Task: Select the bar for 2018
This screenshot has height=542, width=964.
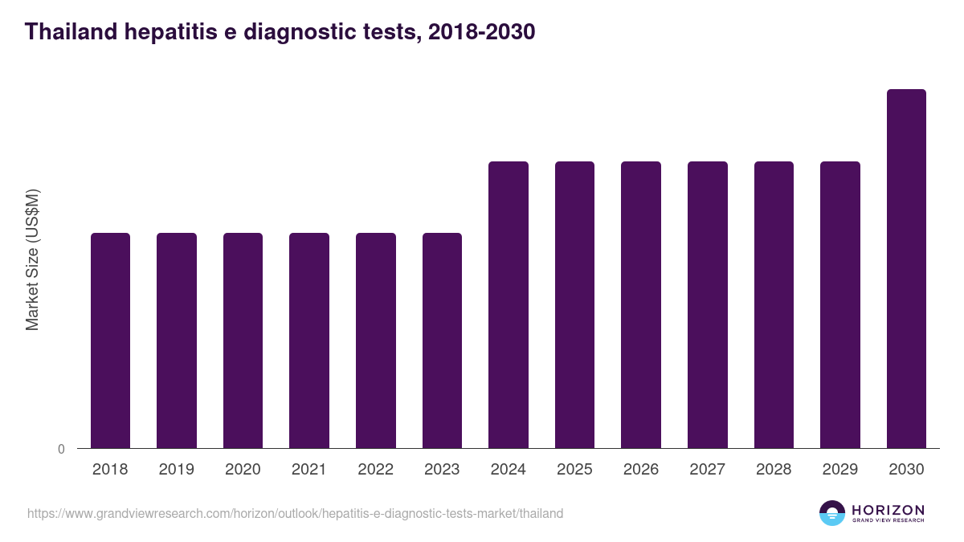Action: click(110, 340)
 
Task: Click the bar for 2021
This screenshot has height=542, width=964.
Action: click(309, 340)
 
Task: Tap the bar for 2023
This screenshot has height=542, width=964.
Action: click(442, 340)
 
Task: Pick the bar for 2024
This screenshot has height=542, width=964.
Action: click(509, 305)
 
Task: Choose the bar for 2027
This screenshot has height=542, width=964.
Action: click(708, 305)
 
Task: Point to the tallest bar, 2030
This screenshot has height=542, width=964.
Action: click(906, 269)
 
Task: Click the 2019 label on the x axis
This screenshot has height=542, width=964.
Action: click(177, 470)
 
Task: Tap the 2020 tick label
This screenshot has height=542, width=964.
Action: click(243, 470)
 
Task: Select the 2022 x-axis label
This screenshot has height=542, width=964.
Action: click(376, 470)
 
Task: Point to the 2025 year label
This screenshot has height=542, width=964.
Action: click(575, 470)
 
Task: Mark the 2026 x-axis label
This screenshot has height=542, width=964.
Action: click(641, 470)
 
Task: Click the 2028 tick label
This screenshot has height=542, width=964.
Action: click(774, 470)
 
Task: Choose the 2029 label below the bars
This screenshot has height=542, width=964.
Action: click(840, 470)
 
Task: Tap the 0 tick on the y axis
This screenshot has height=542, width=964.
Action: click(62, 449)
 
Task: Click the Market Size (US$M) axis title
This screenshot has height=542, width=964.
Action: click(32, 260)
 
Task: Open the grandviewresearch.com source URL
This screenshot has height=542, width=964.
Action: click(295, 513)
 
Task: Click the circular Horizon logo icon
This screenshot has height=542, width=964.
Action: click(832, 513)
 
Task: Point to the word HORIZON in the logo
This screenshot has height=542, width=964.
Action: click(888, 510)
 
